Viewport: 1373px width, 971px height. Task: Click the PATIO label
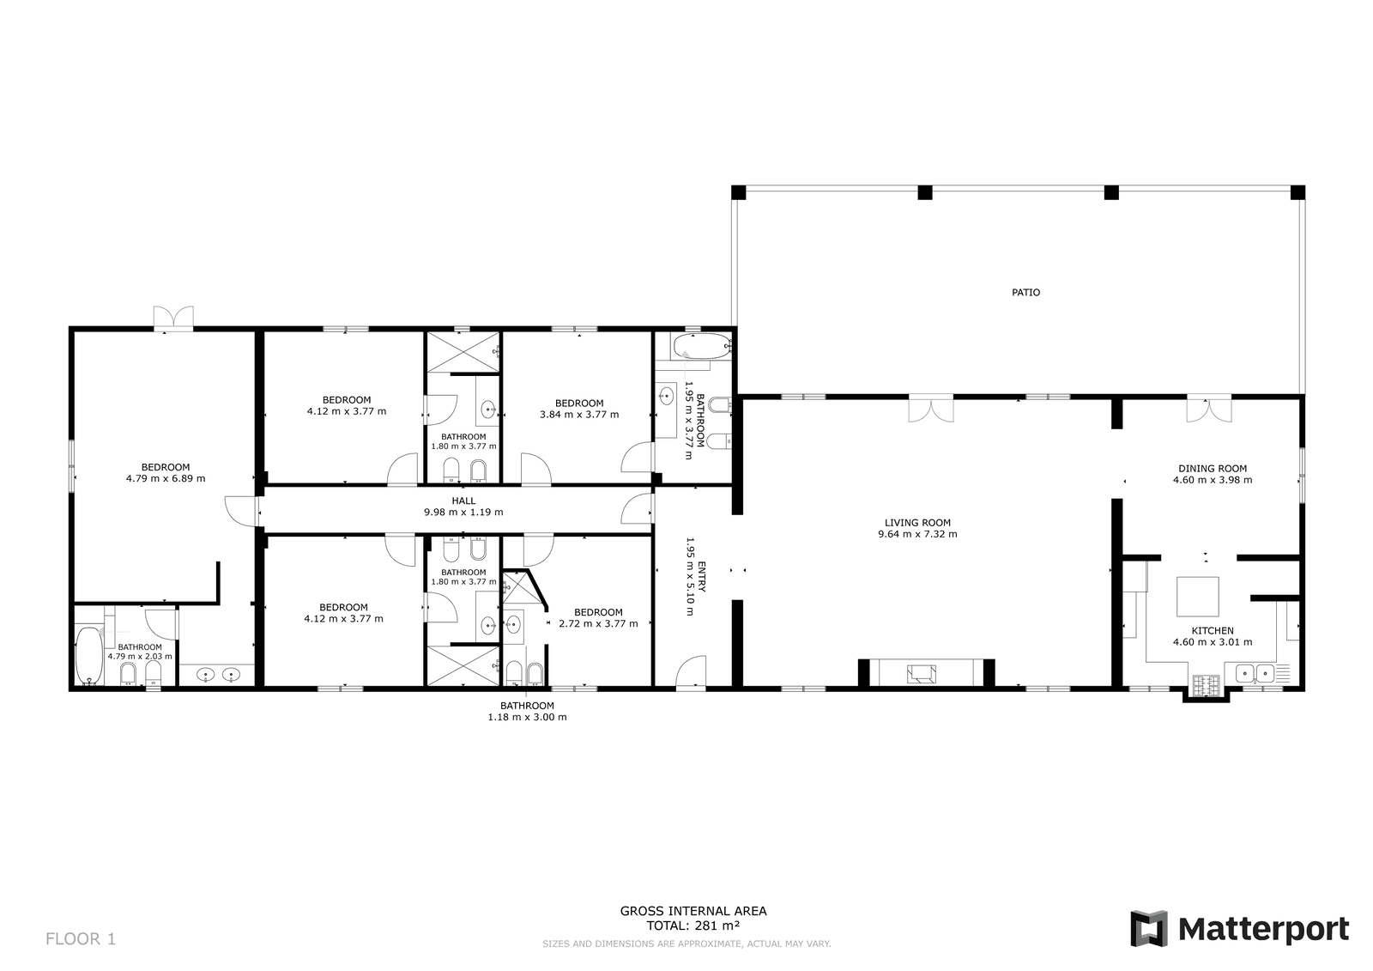pyautogui.click(x=1025, y=293)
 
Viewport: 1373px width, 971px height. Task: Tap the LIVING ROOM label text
pyautogui.click(x=917, y=523)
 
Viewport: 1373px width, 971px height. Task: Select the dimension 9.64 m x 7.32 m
pyautogui.click(x=917, y=534)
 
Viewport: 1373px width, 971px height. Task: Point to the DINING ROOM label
pyautogui.click(x=1213, y=469)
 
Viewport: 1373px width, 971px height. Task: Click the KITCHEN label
pyautogui.click(x=1213, y=630)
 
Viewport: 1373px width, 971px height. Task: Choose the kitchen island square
pyautogui.click(x=1197, y=596)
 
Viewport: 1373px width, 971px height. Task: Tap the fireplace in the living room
pyautogui.click(x=922, y=673)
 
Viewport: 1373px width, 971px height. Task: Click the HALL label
pyautogui.click(x=463, y=501)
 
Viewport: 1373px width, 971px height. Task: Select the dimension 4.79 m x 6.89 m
pyautogui.click(x=166, y=478)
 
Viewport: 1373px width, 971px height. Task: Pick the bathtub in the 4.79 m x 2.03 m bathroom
pyautogui.click(x=89, y=655)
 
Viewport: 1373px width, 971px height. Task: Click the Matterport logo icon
pyautogui.click(x=1149, y=928)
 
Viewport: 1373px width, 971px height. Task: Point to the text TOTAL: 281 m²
pyautogui.click(x=693, y=925)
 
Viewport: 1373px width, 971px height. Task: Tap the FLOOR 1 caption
pyautogui.click(x=81, y=938)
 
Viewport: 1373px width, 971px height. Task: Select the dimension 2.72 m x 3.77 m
pyautogui.click(x=598, y=624)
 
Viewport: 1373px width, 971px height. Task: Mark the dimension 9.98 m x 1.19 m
pyautogui.click(x=463, y=513)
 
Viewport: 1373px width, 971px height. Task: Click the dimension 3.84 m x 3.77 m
pyautogui.click(x=579, y=415)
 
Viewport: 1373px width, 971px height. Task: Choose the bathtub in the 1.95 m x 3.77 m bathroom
pyautogui.click(x=703, y=347)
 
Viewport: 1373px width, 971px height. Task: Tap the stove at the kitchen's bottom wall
pyautogui.click(x=1206, y=684)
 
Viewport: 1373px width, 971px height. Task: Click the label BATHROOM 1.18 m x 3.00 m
pyautogui.click(x=527, y=712)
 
